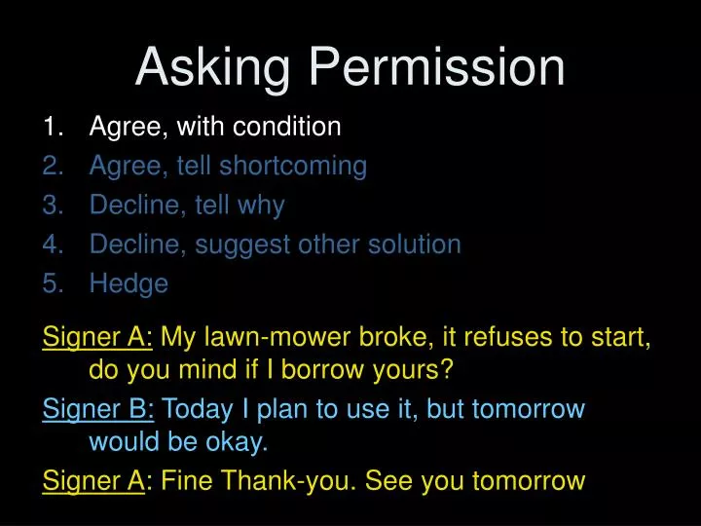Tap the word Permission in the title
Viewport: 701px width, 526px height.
pos(437,68)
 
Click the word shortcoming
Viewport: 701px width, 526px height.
pos(293,167)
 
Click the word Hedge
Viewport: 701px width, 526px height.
pos(129,283)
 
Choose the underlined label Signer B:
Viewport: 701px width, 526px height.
pos(98,408)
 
